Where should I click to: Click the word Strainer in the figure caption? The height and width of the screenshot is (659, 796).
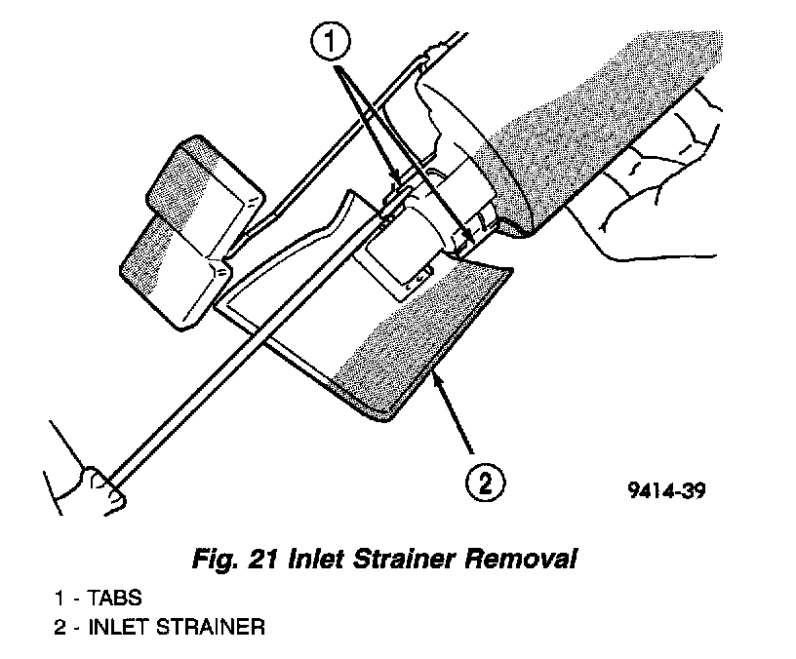point(387,561)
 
